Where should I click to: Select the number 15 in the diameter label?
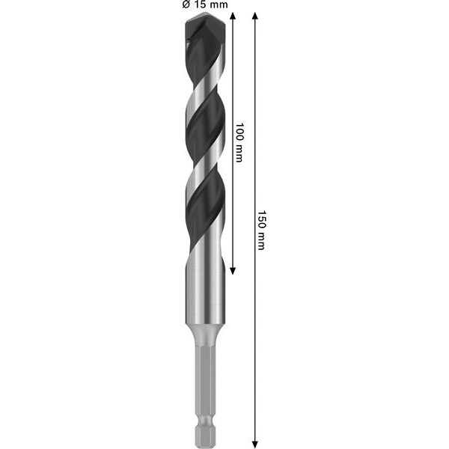tap(201, 5)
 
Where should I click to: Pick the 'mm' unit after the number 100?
tap(239, 153)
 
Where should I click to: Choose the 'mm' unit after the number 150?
tap(260, 240)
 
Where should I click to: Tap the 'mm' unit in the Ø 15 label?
tap(219, 5)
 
